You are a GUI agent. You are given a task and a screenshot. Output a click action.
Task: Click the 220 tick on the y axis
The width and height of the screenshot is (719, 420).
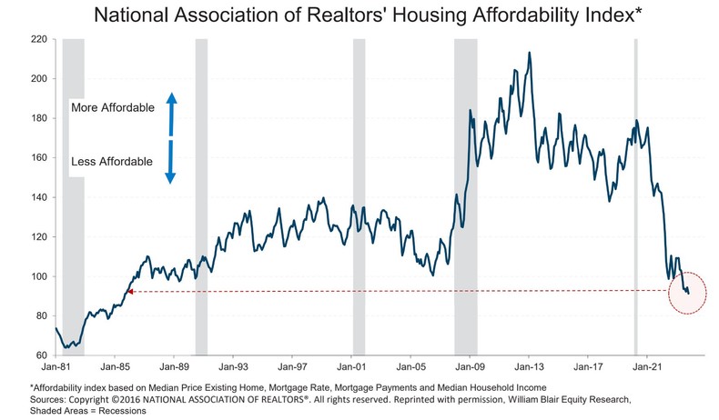38,40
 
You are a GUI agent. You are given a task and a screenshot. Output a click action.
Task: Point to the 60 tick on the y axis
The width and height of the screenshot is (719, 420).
41,355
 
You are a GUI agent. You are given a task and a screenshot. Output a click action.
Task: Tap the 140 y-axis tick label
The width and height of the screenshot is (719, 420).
38,197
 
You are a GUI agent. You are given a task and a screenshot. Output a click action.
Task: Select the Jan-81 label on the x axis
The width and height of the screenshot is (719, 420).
56,368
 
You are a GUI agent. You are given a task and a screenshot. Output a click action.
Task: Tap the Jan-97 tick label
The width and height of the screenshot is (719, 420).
293,368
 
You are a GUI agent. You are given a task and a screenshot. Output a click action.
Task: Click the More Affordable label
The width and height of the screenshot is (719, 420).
113,107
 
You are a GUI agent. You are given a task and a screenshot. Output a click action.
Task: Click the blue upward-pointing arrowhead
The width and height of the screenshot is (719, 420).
170,97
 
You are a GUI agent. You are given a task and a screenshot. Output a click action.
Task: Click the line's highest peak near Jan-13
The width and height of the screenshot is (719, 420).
530,53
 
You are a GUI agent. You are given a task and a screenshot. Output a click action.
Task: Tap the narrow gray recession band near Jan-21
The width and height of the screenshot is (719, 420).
635,182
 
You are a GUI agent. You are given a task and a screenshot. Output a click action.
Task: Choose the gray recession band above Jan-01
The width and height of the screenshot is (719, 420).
359,182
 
